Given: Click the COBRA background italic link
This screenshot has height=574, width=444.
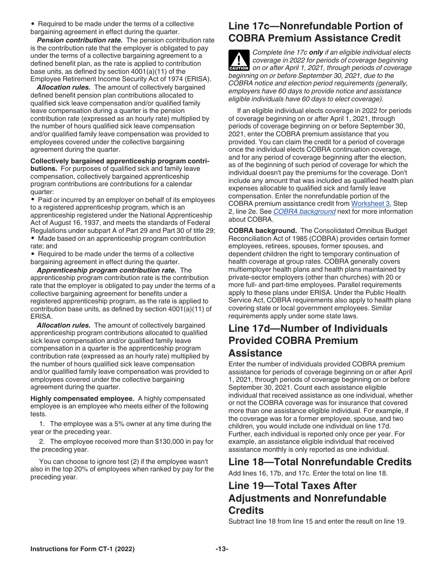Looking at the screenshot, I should tap(304, 211).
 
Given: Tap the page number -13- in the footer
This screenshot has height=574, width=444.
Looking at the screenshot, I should tap(222, 549).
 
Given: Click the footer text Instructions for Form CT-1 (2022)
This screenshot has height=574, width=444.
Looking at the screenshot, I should tap(82, 549).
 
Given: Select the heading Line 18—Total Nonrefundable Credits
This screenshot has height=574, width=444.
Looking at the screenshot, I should tap(320, 462).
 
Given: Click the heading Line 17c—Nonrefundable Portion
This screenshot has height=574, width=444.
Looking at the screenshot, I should tap(315, 26).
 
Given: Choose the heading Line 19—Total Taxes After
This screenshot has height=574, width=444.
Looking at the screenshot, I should tap(292, 486).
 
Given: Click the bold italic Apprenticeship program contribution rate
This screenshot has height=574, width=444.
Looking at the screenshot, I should tap(106, 270).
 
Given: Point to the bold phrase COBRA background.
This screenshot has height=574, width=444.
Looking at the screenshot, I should tap(262, 231).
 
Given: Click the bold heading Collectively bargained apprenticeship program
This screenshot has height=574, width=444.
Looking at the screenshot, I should tap(120, 161).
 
